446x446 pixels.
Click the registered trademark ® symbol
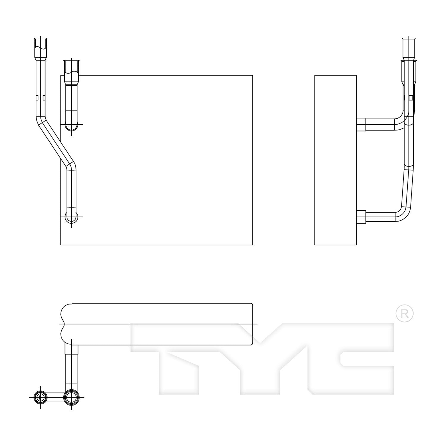pos(405,313)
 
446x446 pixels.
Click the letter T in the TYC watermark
pos(178,357)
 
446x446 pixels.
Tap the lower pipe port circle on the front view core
pos(71,218)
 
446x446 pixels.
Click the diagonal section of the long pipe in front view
pos(55,140)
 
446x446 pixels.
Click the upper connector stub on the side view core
pos(361,124)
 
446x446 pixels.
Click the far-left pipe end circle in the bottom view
pos(40,397)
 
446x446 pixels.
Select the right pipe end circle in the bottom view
pos(71,397)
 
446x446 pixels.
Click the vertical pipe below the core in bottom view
pos(71,369)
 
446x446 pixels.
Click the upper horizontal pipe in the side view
pos(381,124)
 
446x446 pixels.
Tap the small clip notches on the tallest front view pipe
pos(40,98)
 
